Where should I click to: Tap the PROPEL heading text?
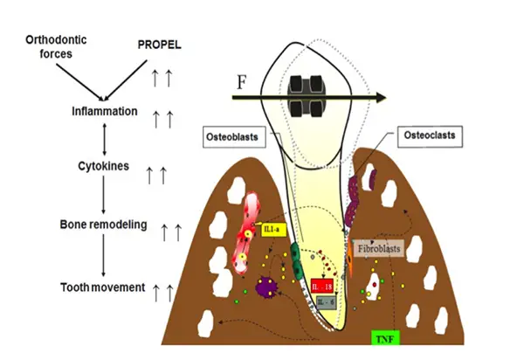coord(162,43)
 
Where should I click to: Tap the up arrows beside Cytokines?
coord(156,176)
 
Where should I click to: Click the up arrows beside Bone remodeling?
coord(171,232)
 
